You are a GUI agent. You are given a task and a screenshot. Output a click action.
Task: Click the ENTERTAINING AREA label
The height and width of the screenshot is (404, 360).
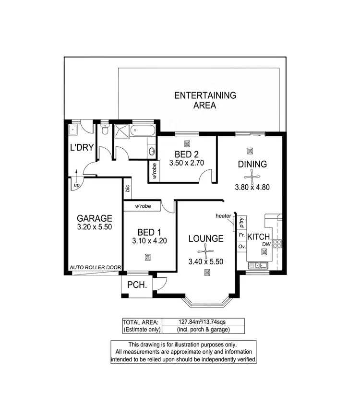(x=205, y=100)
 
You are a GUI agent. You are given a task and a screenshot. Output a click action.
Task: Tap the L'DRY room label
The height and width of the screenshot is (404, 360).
(x=81, y=148)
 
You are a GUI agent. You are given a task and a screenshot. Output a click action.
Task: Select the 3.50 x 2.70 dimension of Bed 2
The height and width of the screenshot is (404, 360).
(x=187, y=163)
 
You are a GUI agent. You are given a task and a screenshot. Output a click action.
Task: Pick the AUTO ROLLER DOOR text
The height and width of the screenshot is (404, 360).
(x=95, y=268)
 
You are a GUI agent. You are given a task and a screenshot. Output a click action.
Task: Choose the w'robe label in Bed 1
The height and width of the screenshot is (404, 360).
(x=143, y=206)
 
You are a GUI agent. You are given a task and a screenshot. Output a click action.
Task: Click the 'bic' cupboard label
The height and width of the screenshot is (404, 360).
(x=128, y=188)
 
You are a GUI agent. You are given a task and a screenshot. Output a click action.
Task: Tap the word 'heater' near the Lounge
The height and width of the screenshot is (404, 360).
(x=224, y=216)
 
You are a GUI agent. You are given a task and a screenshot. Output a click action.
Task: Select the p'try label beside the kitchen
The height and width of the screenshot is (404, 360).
(x=241, y=222)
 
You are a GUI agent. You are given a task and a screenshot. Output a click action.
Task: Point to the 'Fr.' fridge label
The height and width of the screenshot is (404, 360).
(x=241, y=236)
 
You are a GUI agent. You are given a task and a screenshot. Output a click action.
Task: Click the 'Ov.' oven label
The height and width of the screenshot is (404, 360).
(x=241, y=246)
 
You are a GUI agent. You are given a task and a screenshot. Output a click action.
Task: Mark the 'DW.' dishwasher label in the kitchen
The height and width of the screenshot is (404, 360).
(x=267, y=245)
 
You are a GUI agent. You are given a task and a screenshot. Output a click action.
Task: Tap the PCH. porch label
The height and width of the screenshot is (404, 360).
(x=136, y=285)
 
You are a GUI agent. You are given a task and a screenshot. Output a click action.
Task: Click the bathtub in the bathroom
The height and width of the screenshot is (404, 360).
(x=143, y=130)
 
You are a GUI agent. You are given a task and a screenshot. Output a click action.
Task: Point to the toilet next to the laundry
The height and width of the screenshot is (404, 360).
(x=105, y=130)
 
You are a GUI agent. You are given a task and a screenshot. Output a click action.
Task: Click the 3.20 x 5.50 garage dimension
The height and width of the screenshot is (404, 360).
(x=94, y=227)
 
